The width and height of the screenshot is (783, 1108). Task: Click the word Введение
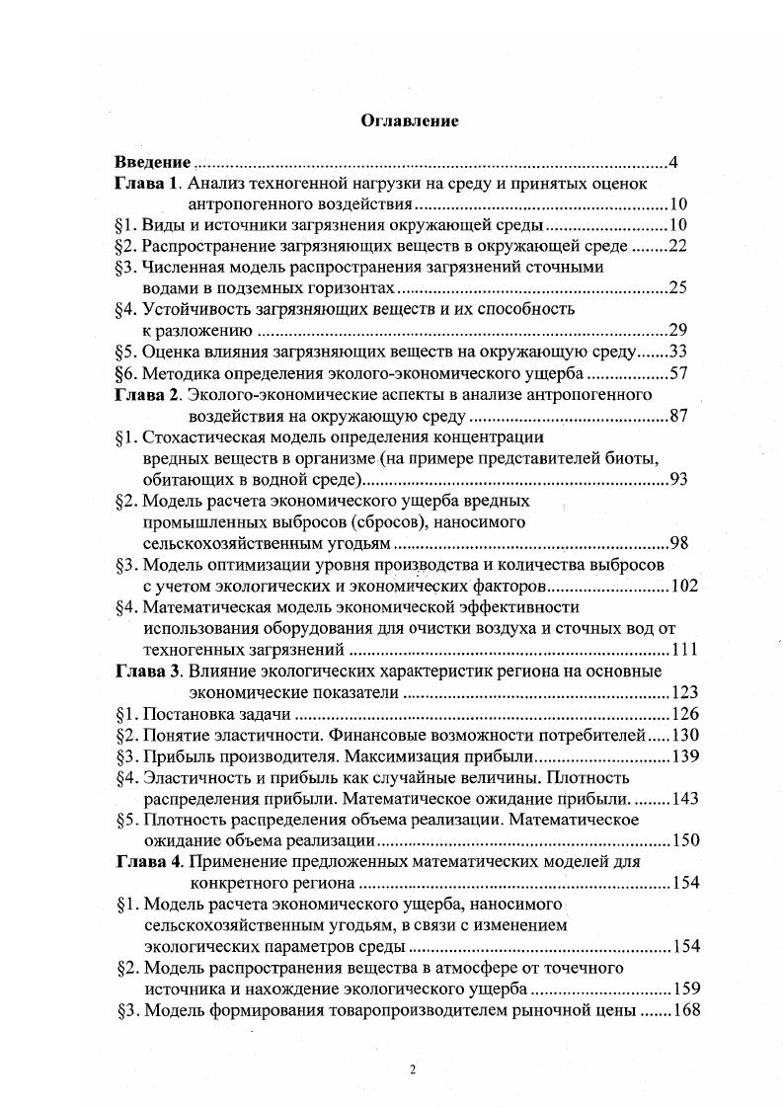152,162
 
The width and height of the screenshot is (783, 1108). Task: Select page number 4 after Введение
671,162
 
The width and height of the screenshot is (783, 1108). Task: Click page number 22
676,246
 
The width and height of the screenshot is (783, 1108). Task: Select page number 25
676,288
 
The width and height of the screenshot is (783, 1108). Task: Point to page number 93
676,480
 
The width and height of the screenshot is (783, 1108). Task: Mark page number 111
684,650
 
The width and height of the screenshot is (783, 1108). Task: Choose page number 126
684,714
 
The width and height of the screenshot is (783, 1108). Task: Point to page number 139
684,756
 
